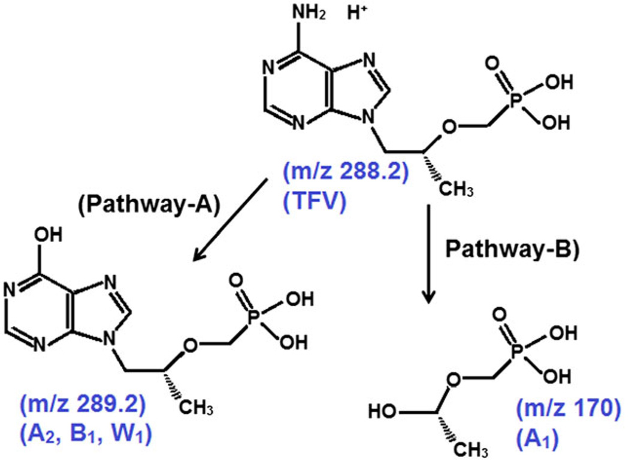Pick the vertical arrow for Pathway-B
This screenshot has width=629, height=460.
(x=429, y=252)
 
